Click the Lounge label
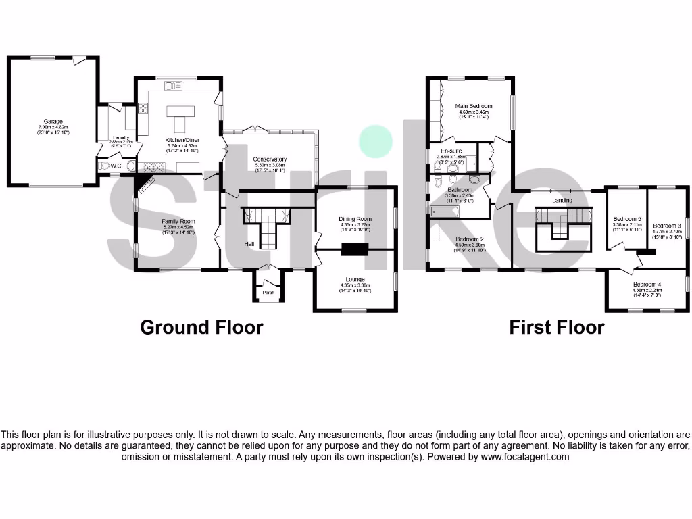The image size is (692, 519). tap(355, 279)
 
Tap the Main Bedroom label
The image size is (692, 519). tap(473, 106)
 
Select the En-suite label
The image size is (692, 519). tap(451, 151)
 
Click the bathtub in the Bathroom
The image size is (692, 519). tap(445, 212)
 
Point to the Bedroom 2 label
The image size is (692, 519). tap(470, 239)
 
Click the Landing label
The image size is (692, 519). tap(562, 200)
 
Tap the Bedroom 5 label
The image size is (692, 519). tap(626, 219)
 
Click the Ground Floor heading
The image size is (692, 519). tap(201, 328)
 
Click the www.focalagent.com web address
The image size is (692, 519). tap(524, 457)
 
